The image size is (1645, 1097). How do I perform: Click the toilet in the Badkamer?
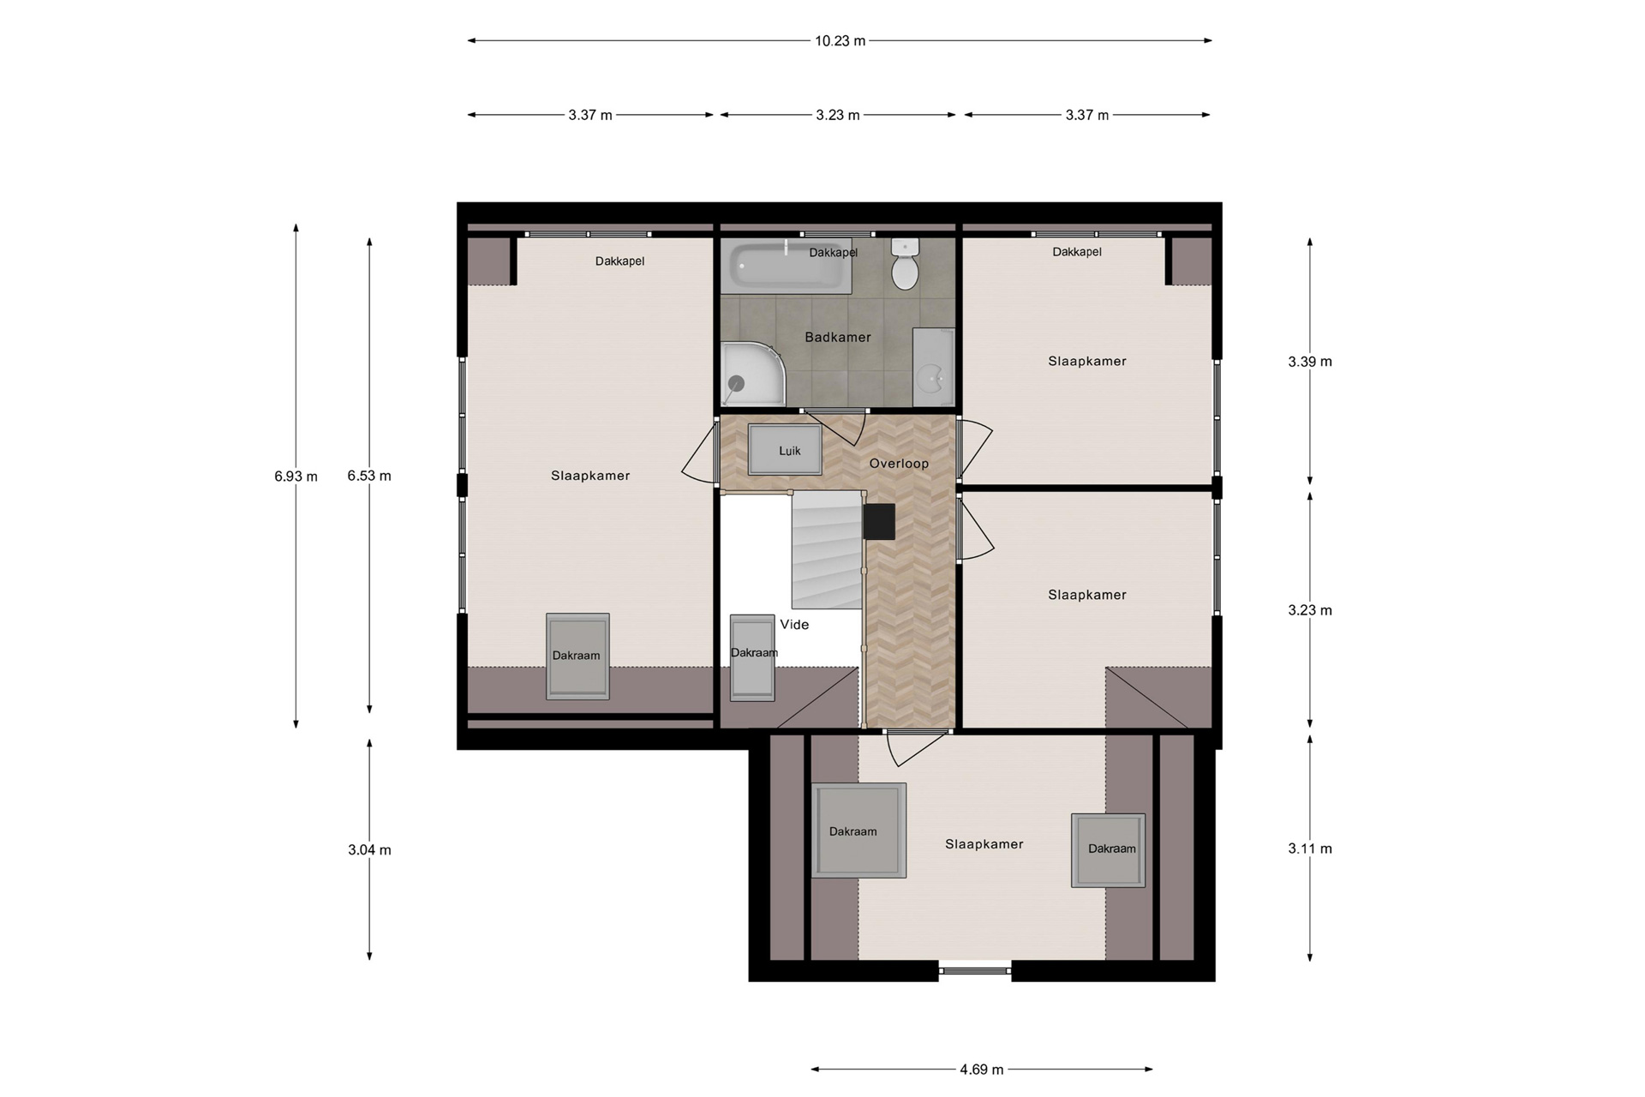[x=905, y=264]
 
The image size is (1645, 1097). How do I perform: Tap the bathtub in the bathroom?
[x=786, y=267]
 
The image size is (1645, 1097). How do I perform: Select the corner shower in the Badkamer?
[x=754, y=374]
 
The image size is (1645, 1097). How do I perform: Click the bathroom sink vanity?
[x=933, y=367]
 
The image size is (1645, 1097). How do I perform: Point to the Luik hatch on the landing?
[x=786, y=450]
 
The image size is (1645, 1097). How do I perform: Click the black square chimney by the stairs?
[x=879, y=522]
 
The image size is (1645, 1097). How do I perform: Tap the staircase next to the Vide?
[x=827, y=551]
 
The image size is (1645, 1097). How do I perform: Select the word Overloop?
[x=899, y=464]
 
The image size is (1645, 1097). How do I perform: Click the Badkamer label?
[x=838, y=338]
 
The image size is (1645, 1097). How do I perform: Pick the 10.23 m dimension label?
[x=840, y=40]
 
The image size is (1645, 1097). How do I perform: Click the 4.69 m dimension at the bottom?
[x=982, y=1070]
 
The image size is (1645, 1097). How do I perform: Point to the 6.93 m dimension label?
[x=296, y=477]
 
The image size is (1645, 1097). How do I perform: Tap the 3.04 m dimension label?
[x=369, y=850]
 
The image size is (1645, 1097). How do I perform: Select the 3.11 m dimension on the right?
[x=1310, y=848]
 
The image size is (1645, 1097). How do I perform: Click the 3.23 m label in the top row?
[x=838, y=115]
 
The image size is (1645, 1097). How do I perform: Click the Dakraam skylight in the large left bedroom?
[x=578, y=656]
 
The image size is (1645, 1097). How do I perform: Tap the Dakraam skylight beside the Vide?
[x=752, y=657]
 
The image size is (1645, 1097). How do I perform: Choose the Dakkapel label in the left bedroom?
[x=619, y=261]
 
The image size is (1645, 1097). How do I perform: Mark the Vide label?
[x=794, y=625]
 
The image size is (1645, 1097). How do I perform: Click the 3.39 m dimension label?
[x=1310, y=362]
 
